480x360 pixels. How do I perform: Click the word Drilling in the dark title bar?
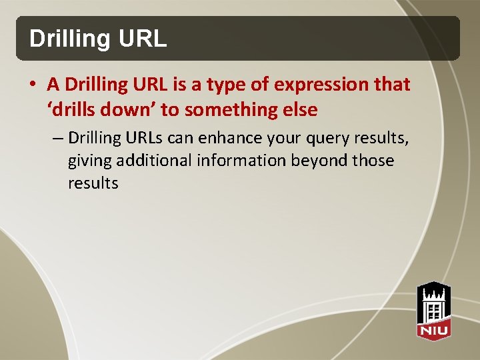[61, 39]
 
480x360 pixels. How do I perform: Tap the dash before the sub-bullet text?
[57, 138]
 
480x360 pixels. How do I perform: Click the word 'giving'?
[90, 161]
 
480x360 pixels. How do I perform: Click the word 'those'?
[373, 161]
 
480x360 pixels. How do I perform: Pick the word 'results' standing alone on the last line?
[93, 183]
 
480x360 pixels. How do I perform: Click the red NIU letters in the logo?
[434, 329]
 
